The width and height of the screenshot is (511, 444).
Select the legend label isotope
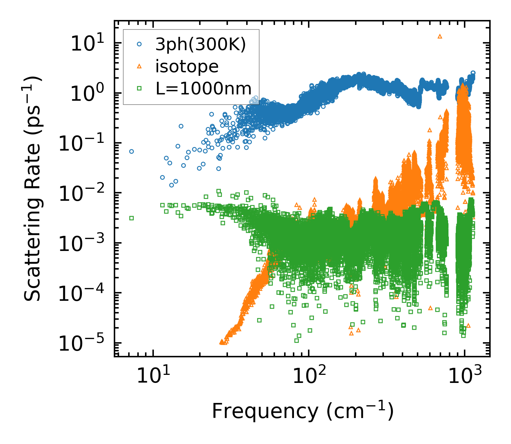coord(187,66)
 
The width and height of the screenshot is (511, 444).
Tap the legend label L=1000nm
coord(204,88)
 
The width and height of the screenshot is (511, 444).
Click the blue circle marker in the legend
coord(139,45)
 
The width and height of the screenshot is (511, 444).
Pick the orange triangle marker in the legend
coord(139,66)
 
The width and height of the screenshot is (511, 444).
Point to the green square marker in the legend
coord(139,88)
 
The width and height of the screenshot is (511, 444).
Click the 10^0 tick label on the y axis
coord(84,93)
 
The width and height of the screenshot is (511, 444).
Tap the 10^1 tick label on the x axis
coord(152,376)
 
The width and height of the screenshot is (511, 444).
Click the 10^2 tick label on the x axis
coord(308,376)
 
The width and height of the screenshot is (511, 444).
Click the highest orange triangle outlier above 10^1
coord(440,36)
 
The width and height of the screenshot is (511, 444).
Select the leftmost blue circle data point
coord(131,151)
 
